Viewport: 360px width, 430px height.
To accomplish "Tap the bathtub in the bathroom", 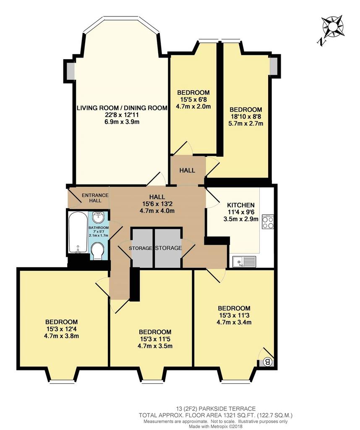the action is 78,232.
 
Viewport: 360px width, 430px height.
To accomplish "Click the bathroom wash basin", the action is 98,218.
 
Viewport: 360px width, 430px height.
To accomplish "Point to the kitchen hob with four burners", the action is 268,222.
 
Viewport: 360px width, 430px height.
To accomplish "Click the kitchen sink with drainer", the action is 244,262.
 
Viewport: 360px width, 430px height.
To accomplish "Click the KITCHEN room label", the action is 241,205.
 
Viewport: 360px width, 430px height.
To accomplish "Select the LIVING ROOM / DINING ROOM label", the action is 122,108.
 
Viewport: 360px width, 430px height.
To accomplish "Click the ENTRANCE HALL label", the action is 95,198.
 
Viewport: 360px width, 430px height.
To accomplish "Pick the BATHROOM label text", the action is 99,228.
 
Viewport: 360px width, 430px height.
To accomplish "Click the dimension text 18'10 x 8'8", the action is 246,117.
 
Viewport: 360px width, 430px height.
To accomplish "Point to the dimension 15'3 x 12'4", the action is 61,329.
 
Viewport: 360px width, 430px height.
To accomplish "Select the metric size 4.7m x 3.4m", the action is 234,322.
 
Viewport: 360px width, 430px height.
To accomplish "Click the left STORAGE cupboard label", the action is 140,248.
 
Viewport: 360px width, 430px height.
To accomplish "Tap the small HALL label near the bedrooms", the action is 187,170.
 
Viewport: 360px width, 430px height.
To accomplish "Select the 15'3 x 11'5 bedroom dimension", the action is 155,339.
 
